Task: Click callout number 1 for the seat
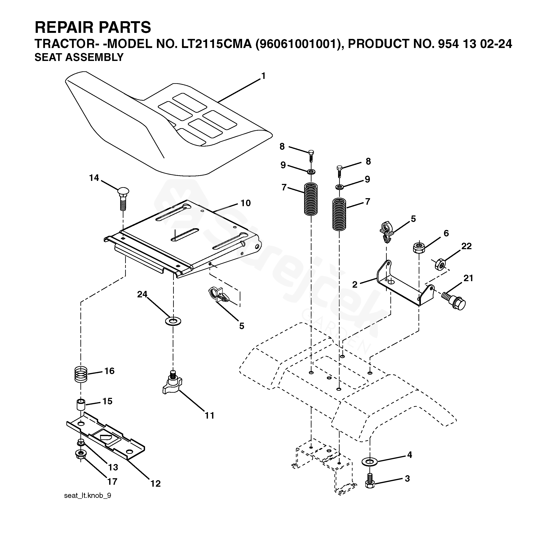tap(263, 76)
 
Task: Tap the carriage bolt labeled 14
tap(123, 199)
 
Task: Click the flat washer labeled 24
tap(173, 320)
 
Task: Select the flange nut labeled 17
tap(81, 462)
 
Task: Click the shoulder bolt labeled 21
tap(453, 301)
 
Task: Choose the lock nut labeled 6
tap(419, 247)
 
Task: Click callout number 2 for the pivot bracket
tap(355, 284)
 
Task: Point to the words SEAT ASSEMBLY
tap(79, 57)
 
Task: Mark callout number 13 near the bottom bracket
tap(113, 467)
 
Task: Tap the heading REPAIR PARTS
tap(93, 27)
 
